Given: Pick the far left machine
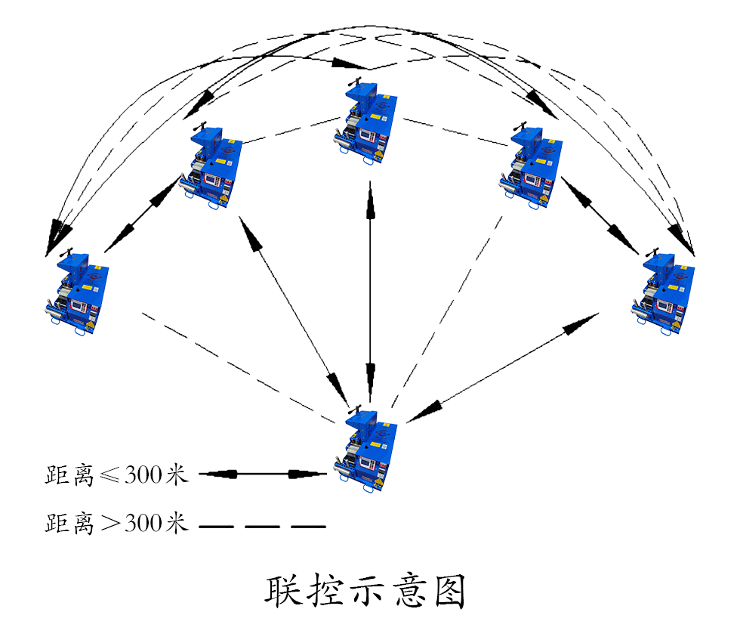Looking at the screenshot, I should [x=76, y=293].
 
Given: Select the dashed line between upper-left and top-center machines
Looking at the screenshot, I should [x=291, y=130].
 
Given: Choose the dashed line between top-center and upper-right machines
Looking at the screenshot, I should [x=453, y=131].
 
